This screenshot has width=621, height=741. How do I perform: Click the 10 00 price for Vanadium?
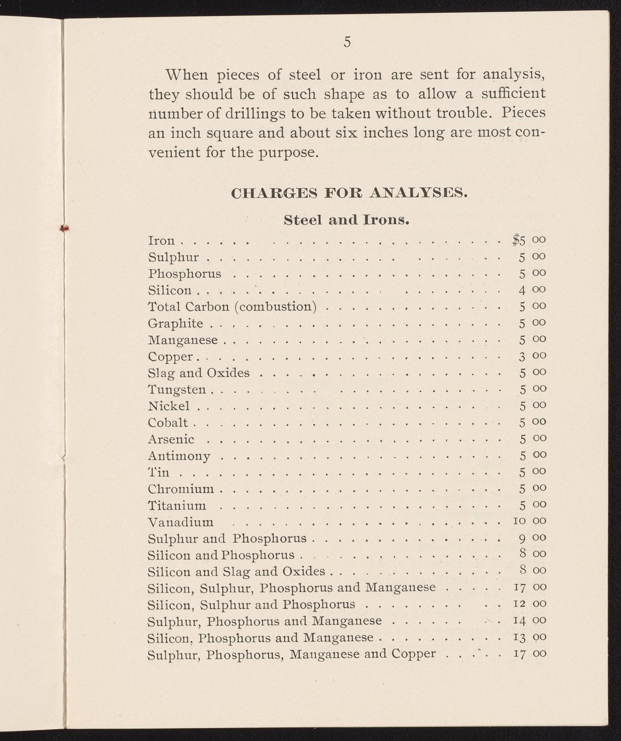coord(528,521)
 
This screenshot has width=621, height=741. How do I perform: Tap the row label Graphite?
coord(175,324)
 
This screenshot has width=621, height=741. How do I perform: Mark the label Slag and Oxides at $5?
coord(199,373)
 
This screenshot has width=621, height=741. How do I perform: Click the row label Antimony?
coord(179,456)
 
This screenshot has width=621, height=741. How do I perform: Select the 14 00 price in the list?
coord(528,620)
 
